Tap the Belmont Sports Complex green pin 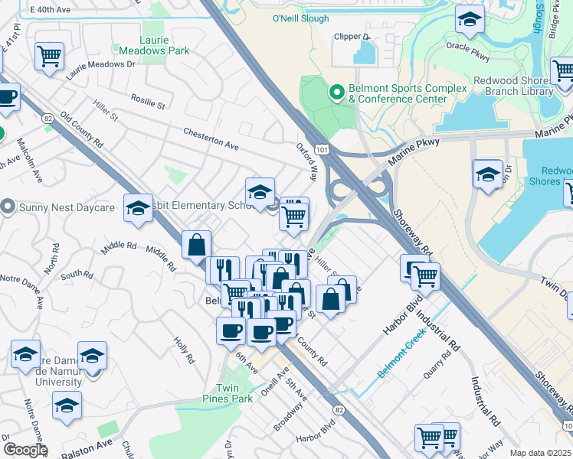pos(336,93)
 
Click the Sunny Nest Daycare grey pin pos(8,207)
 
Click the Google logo pos(25,450)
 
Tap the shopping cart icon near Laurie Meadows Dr pos(49,55)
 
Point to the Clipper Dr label pos(352,36)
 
